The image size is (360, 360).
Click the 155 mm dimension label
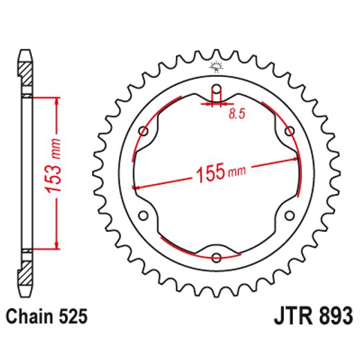[221, 172]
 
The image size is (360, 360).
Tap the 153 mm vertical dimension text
[53, 165]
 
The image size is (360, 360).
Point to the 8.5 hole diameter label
[237, 114]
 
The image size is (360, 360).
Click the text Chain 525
[46, 316]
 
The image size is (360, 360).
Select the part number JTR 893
[314, 316]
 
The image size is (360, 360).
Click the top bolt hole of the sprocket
[217, 89]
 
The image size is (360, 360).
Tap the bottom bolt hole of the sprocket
[217, 258]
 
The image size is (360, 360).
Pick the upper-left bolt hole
[143, 131]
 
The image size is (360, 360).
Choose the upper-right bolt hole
[289, 131]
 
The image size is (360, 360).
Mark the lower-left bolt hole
[143, 215]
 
